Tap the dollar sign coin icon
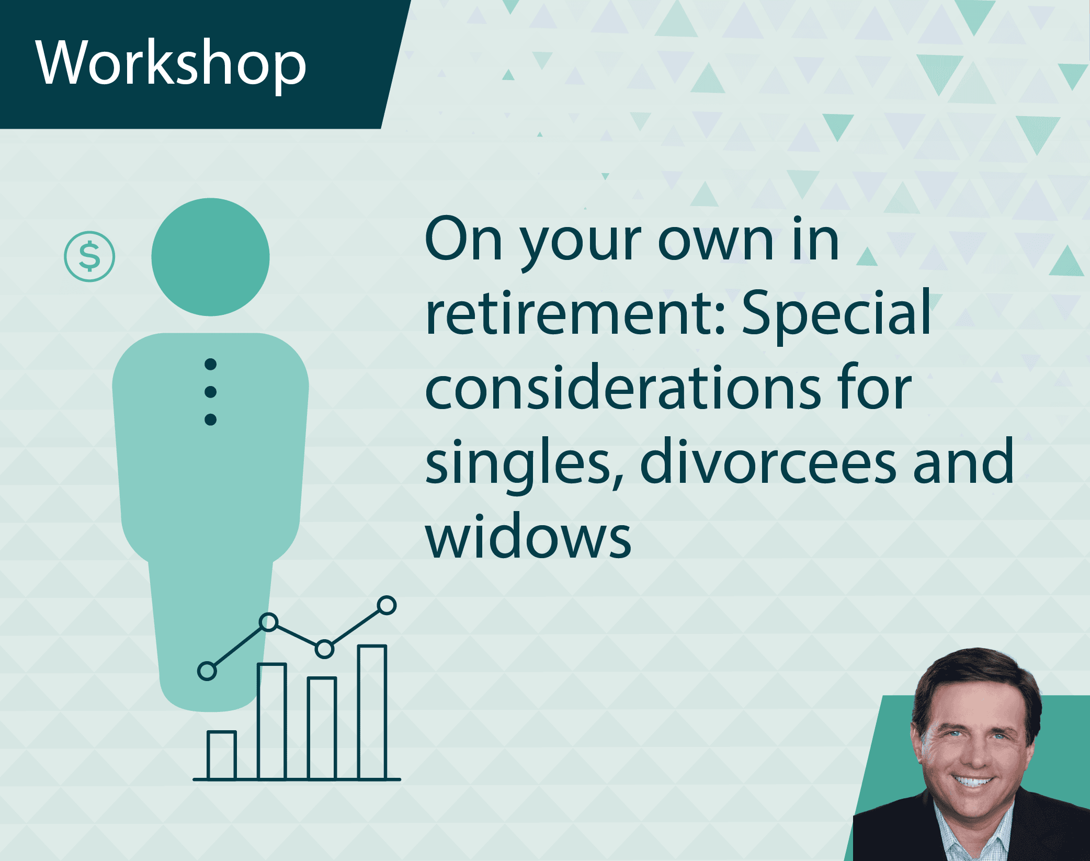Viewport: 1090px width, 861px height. coord(89,256)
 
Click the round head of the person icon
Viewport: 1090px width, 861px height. coord(210,257)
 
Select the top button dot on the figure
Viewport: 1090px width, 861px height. coord(210,364)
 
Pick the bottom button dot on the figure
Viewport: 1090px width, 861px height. coord(210,420)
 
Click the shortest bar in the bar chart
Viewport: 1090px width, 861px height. coord(222,755)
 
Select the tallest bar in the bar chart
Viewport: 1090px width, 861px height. coord(372,712)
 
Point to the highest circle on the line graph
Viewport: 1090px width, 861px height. coord(387,605)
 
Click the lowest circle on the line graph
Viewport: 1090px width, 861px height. coord(207,671)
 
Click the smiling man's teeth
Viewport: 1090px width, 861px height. coord(971,781)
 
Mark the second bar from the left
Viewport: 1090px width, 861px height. coord(271,721)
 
